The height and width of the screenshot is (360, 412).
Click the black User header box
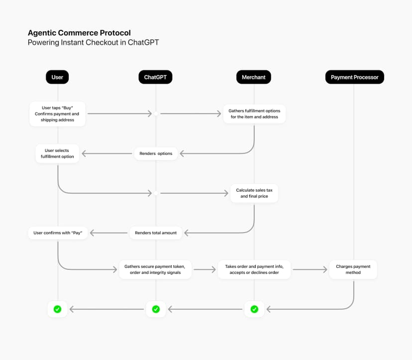pos(57,77)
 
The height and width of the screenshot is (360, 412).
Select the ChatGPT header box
pos(155,77)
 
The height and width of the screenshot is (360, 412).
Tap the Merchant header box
pos(254,77)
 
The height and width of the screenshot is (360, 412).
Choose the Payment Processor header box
pos(354,77)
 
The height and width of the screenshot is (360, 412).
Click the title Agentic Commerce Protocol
pos(79,33)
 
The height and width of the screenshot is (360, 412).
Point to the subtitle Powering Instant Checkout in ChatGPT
pos(93,42)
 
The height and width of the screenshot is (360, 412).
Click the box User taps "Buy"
pos(57,114)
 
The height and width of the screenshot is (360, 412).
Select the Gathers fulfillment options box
pos(254,114)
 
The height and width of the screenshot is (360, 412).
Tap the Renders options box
pos(156,153)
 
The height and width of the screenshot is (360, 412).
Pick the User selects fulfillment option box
pos(57,153)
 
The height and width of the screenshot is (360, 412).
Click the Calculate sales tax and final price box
pos(254,193)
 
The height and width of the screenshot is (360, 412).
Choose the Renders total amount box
pos(156,233)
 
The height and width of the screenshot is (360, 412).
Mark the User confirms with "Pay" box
pos(57,233)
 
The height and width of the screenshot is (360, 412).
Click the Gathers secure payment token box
pos(155,269)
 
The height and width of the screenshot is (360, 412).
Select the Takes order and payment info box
pos(254,269)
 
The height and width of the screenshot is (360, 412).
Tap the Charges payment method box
pos(353,269)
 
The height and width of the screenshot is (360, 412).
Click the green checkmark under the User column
pos(57,309)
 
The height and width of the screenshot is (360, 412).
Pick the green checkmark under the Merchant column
pos(254,309)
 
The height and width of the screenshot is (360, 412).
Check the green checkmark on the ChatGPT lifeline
pos(156,309)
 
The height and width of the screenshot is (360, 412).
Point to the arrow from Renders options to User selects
pos(107,153)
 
